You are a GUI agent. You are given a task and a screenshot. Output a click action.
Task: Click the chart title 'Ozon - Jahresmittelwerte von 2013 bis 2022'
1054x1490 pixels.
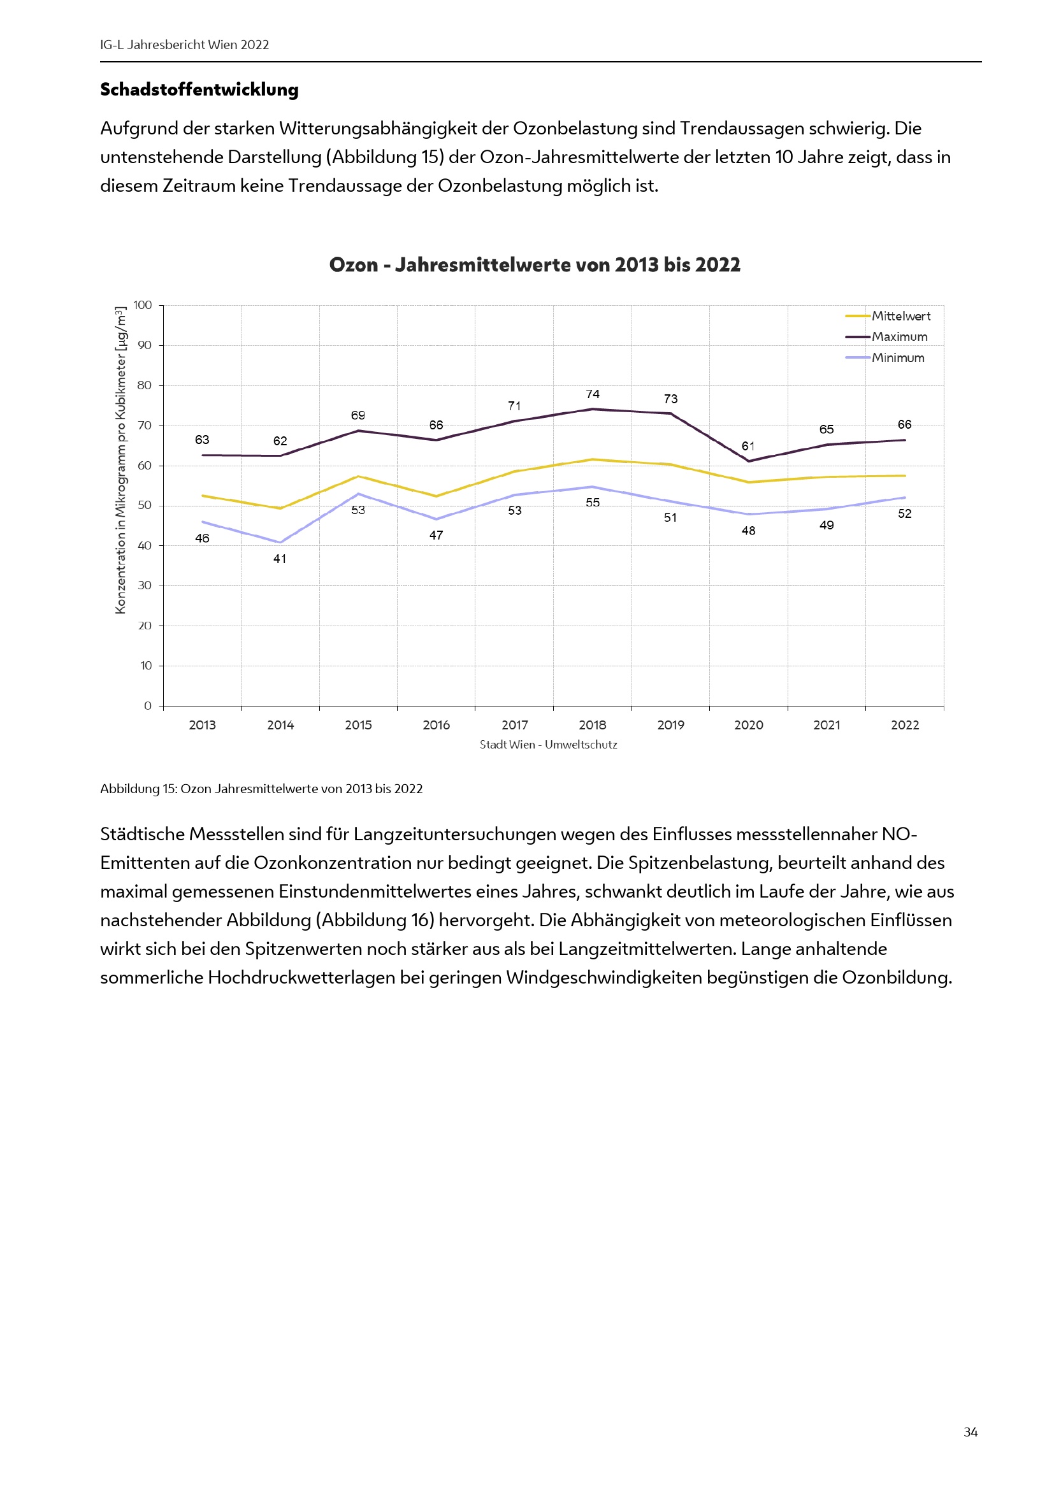click(534, 265)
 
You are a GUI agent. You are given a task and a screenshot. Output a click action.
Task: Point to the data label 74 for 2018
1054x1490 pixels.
click(593, 394)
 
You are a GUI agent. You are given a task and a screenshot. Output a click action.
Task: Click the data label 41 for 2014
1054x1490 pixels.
click(280, 559)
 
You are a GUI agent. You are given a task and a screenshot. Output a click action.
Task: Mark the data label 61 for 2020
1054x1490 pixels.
click(748, 446)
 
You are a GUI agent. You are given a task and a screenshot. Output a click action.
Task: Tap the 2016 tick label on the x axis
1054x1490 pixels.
click(436, 725)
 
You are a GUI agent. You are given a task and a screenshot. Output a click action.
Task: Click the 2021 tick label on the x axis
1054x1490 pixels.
click(827, 725)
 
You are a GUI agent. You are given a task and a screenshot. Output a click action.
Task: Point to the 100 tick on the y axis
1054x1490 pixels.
click(143, 305)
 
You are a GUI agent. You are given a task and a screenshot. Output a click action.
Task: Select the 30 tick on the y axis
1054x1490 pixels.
click(145, 585)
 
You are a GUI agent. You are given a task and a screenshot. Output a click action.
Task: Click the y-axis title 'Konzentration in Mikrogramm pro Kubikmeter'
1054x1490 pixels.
click(120, 460)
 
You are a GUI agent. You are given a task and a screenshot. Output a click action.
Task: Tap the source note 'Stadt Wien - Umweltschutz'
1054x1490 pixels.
click(549, 744)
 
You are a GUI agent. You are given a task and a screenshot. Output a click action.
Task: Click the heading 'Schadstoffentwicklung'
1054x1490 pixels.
click(199, 90)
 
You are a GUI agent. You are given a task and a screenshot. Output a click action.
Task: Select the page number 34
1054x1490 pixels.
click(971, 1431)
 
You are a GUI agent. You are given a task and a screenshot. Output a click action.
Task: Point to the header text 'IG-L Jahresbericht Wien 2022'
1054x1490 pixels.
click(184, 45)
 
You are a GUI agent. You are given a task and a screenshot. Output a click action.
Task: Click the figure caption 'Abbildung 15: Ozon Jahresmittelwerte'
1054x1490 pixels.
click(261, 789)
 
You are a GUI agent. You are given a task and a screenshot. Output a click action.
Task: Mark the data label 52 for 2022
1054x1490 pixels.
click(904, 514)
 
